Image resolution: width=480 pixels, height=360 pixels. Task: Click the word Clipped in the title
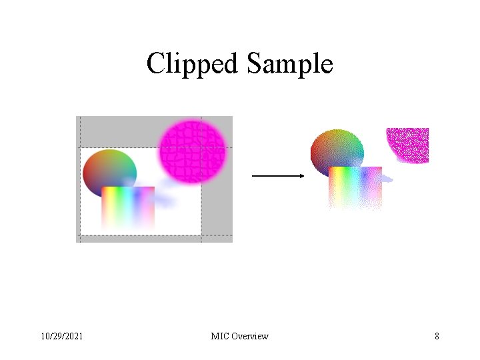point(193,64)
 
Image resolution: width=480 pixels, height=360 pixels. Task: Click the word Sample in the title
point(289,64)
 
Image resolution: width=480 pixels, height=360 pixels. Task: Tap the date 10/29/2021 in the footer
point(61,336)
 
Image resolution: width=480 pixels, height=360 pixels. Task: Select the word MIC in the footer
point(219,336)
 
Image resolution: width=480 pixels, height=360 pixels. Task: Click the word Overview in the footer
point(250,336)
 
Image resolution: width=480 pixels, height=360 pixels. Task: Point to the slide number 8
point(437,336)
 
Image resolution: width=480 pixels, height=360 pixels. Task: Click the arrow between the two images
point(277,176)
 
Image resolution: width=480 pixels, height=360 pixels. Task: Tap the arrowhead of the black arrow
point(301,176)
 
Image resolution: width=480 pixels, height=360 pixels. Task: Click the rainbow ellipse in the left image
point(109,170)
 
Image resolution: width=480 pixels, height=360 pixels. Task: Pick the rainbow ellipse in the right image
point(337,151)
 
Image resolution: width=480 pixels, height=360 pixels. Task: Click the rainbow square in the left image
point(128,207)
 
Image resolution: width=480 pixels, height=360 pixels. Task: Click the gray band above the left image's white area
point(120,131)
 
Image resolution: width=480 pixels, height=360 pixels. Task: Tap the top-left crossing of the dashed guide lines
point(80,147)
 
